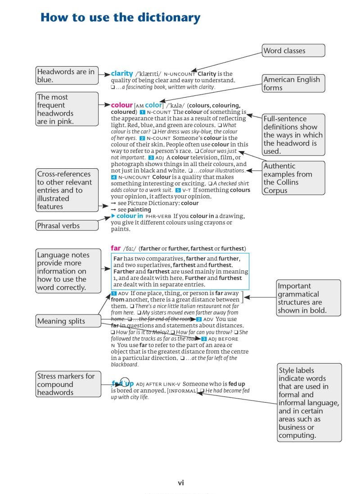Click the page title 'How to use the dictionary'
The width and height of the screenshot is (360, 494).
click(x=120, y=18)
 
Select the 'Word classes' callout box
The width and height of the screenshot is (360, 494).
click(x=293, y=50)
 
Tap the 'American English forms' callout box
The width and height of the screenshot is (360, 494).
click(x=293, y=84)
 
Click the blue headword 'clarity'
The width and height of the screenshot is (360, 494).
click(x=122, y=73)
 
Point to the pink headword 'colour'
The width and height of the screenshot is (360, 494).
click(x=121, y=105)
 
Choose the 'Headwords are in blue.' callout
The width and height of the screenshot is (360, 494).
click(x=67, y=76)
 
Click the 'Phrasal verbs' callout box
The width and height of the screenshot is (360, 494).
click(x=67, y=225)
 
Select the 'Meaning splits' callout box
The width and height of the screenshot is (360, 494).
click(x=67, y=321)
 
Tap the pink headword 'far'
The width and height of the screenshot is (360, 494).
click(x=116, y=248)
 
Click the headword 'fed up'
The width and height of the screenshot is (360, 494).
click(x=122, y=383)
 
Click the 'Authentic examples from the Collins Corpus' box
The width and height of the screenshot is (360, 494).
click(x=293, y=178)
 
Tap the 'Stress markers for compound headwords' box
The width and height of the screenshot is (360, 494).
click(x=67, y=384)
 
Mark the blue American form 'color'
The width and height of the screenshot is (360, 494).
click(x=153, y=105)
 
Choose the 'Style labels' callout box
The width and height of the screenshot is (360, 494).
click(x=309, y=403)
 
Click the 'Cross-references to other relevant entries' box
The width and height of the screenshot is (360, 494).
click(x=67, y=190)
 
